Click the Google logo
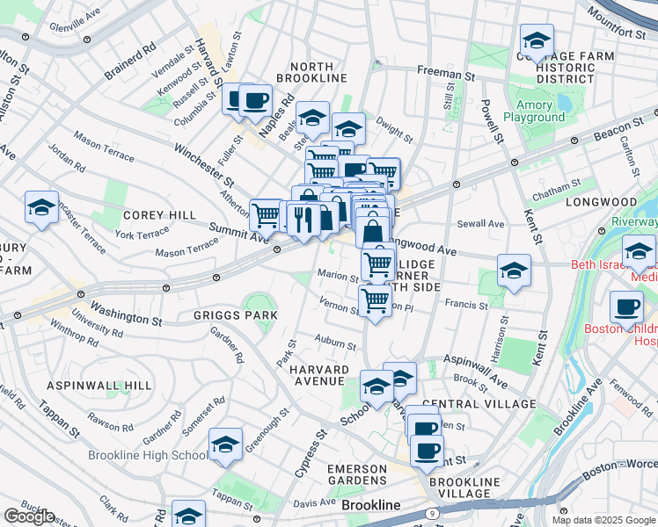pos(28,516)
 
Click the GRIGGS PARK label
pos(223,314)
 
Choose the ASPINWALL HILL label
pos(99,386)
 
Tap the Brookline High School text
pos(148,456)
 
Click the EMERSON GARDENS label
pos(356,474)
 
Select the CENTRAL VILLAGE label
pos(484,403)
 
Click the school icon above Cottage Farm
pos(536,40)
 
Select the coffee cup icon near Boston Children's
pos(627,307)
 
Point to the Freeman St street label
pos(444,70)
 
